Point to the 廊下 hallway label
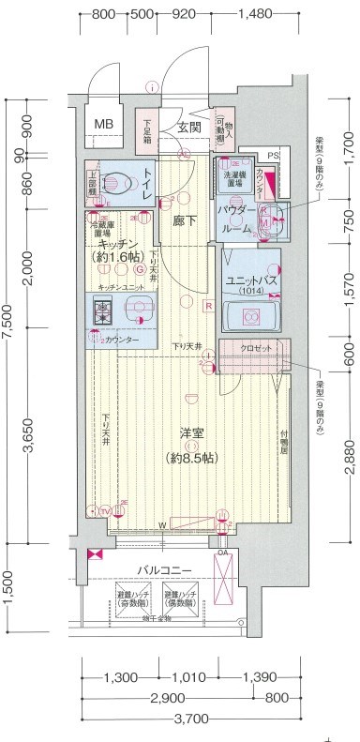point(184,221)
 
